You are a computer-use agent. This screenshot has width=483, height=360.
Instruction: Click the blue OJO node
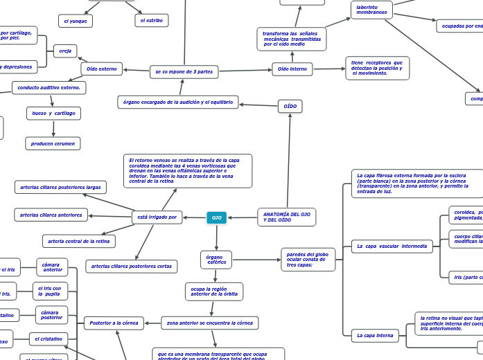[217, 218]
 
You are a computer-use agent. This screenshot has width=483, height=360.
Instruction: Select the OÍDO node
[290, 107]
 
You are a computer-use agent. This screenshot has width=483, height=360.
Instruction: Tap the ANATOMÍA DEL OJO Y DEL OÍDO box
[287, 217]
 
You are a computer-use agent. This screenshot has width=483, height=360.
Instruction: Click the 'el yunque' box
[76, 21]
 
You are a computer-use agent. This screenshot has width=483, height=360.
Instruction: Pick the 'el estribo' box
[151, 21]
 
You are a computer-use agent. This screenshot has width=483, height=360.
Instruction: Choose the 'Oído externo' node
[102, 69]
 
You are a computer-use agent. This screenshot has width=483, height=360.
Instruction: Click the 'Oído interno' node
[292, 69]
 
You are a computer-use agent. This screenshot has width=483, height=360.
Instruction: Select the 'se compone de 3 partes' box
[184, 71]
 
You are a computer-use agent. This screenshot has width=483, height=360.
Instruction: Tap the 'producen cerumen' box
[53, 143]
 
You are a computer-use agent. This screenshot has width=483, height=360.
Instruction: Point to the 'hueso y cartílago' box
[53, 113]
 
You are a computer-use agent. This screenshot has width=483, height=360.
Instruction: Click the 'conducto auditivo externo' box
[49, 88]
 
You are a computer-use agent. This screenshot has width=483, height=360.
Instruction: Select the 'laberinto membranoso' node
[371, 9]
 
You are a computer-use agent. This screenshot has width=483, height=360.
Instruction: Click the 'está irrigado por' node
[157, 217]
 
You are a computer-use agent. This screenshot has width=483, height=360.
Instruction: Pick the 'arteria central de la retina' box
[79, 241]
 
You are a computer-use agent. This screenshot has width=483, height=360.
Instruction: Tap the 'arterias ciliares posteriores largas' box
[60, 187]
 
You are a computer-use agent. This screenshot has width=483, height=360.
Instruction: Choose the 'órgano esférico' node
[216, 260]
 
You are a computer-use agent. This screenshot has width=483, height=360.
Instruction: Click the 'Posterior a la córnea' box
[114, 323]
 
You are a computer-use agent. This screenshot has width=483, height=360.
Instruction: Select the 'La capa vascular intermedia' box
[392, 246]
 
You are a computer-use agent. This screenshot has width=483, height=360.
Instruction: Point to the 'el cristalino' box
[50, 339]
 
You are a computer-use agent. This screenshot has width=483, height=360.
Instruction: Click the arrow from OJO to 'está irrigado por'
[195, 218]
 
